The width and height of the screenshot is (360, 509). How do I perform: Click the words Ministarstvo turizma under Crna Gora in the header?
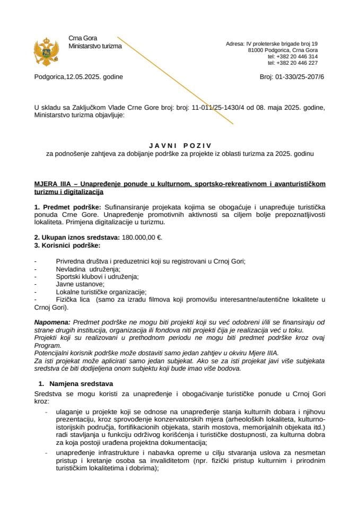pos(95,46)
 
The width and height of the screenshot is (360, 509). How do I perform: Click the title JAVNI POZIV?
pos(180,144)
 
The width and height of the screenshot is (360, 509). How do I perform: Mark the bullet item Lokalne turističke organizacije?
pos(101,292)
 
